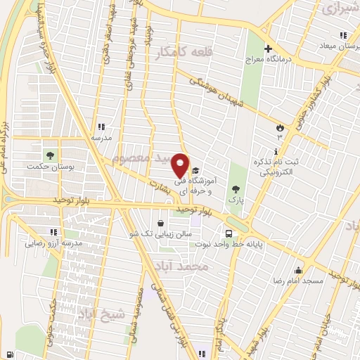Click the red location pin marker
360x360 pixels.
point(181,166)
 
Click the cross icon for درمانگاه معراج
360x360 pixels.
point(267,49)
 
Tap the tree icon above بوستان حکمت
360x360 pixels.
point(50,155)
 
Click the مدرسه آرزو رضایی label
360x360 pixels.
point(55,243)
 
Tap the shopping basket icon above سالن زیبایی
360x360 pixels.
point(162,221)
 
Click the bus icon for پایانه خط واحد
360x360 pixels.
point(229,233)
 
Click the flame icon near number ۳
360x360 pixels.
point(281,127)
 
